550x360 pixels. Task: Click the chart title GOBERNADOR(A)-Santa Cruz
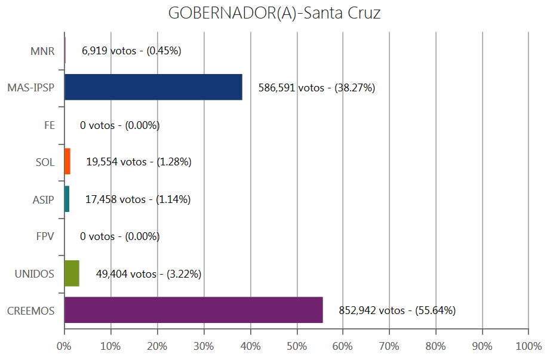coord(274,13)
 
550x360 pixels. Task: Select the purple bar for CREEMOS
coord(193,310)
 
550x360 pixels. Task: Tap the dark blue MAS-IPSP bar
coord(153,87)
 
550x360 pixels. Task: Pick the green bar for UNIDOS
coord(72,273)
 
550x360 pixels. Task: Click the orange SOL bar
coord(67,162)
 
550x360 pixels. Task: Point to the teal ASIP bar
coord(67,199)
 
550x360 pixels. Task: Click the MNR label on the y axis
coord(42,51)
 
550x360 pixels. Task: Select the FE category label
coord(49,125)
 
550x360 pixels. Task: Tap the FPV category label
coord(45,236)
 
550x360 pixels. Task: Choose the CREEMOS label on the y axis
coord(31,311)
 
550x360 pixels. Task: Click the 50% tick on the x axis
coord(297,346)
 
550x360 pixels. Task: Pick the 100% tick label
coord(529,346)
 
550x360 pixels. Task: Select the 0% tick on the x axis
coord(64,346)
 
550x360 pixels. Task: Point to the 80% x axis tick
coord(436,346)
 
